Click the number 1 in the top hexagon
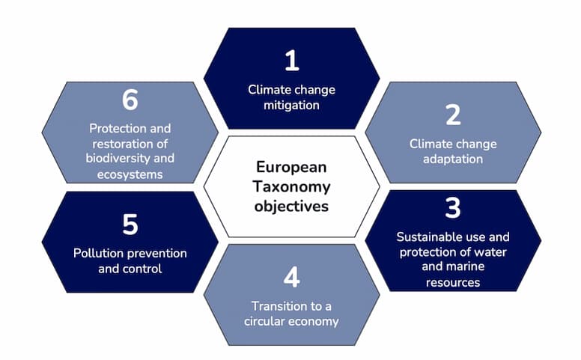pyautogui.click(x=291, y=61)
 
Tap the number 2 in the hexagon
pyautogui.click(x=452, y=115)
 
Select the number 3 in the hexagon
pyautogui.click(x=452, y=208)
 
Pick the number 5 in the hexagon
pyautogui.click(x=130, y=225)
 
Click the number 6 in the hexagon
pyautogui.click(x=130, y=100)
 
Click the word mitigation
pyautogui.click(x=291, y=106)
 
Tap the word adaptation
pyautogui.click(x=452, y=159)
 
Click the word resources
pyautogui.click(x=452, y=282)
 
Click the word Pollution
pyautogui.click(x=99, y=253)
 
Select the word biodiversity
pyautogui.click(x=112, y=159)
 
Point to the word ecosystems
pyautogui.click(x=130, y=174)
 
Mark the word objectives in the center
pyautogui.click(x=291, y=204)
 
